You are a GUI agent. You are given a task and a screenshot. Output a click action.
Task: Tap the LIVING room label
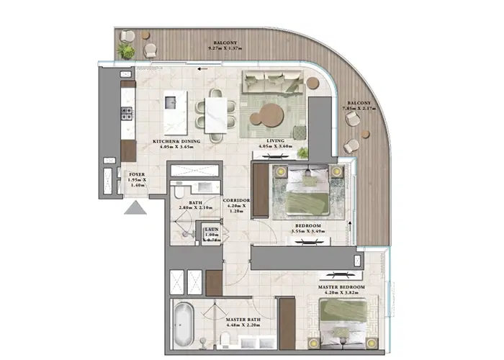[x=275, y=140]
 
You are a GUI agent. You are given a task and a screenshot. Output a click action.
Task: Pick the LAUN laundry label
[x=211, y=229]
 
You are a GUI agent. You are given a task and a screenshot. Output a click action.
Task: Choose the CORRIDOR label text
[x=236, y=200]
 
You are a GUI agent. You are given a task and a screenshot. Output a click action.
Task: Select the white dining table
[x=216, y=114]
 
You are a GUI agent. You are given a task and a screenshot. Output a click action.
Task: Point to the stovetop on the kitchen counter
[x=127, y=113]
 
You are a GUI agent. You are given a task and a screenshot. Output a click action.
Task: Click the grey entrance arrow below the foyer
[x=135, y=208]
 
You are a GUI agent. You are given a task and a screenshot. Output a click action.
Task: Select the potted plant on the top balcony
[x=127, y=51]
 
